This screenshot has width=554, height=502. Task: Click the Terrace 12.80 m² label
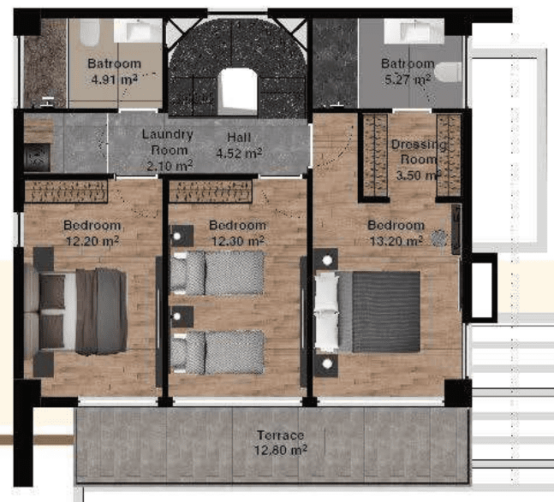pos(281,443)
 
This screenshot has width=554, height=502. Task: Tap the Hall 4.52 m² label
pos(239,145)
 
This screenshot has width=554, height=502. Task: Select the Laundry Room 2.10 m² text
pos(169,150)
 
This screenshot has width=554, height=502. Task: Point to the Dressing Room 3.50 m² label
pos(419,159)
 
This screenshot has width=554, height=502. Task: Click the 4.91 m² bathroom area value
pos(115,80)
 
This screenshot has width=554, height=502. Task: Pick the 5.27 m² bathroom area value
pos(408,80)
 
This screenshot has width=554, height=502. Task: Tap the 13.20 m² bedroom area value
pos(396,241)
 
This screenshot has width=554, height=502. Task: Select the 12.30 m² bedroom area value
pos(237,241)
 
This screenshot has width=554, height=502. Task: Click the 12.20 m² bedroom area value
pos(92,241)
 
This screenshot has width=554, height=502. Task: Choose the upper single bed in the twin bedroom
pos(217,272)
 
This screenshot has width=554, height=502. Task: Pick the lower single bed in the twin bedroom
pos(217,352)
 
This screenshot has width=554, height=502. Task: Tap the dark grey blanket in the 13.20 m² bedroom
pos(386,311)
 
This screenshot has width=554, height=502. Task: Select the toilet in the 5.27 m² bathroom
pos(448,73)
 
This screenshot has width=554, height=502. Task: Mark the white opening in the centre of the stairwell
pos(239,92)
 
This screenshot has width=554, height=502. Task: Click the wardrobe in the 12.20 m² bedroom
pos(66,192)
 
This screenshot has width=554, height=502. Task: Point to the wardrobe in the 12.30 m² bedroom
pos(211,192)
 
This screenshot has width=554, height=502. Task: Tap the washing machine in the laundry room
pos(37,157)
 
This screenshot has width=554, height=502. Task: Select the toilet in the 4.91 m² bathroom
pos(90,32)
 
